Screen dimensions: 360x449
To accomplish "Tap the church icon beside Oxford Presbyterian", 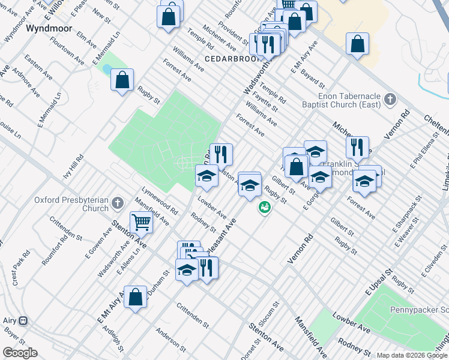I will (x=117, y=202).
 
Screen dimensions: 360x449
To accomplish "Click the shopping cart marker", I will (x=141, y=222).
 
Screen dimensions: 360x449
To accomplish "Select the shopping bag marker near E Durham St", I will (x=136, y=296).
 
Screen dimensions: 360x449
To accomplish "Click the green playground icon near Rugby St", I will (x=264, y=208).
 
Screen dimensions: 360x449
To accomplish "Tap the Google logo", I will (x=20, y=353).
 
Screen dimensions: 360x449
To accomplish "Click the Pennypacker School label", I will (x=425, y=310).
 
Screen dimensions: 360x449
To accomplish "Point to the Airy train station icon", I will (x=23, y=320).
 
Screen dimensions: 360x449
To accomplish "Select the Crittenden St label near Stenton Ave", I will (x=193, y=315).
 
